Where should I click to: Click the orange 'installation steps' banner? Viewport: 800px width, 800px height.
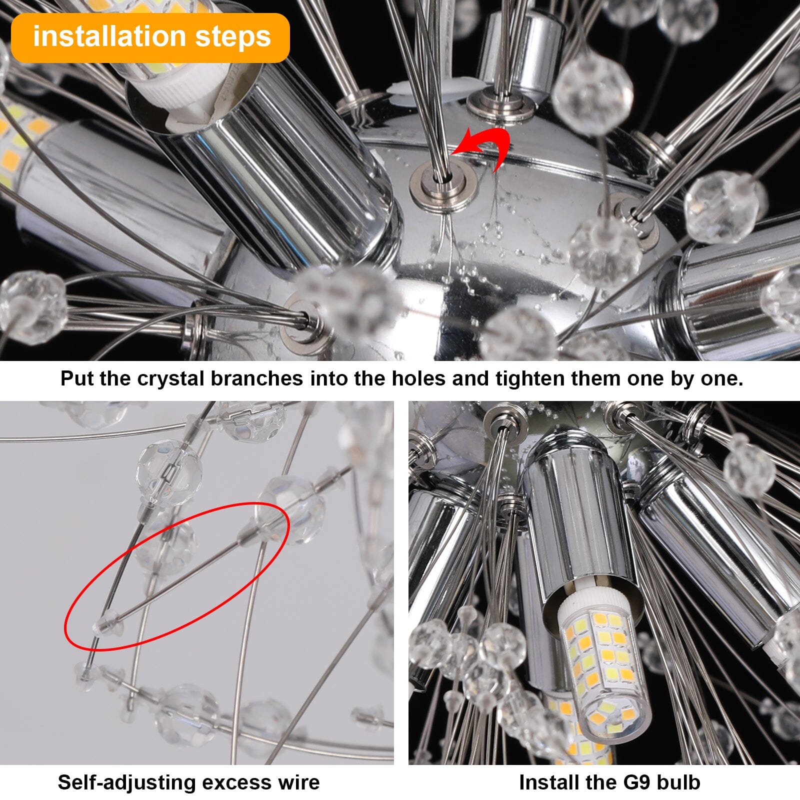coord(150,38)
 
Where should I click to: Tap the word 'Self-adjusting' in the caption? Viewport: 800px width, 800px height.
coord(122,782)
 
